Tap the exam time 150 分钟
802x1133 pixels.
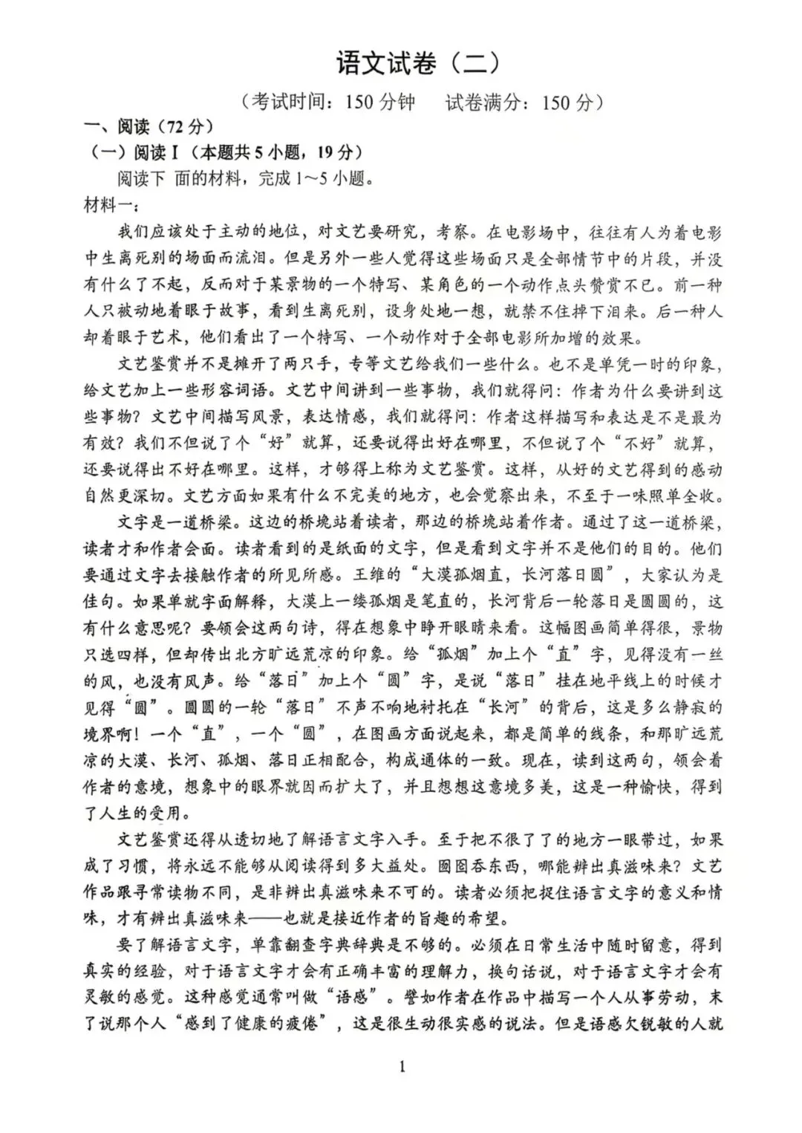click(379, 103)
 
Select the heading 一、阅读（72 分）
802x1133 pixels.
click(148, 127)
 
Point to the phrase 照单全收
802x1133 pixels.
click(682, 496)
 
